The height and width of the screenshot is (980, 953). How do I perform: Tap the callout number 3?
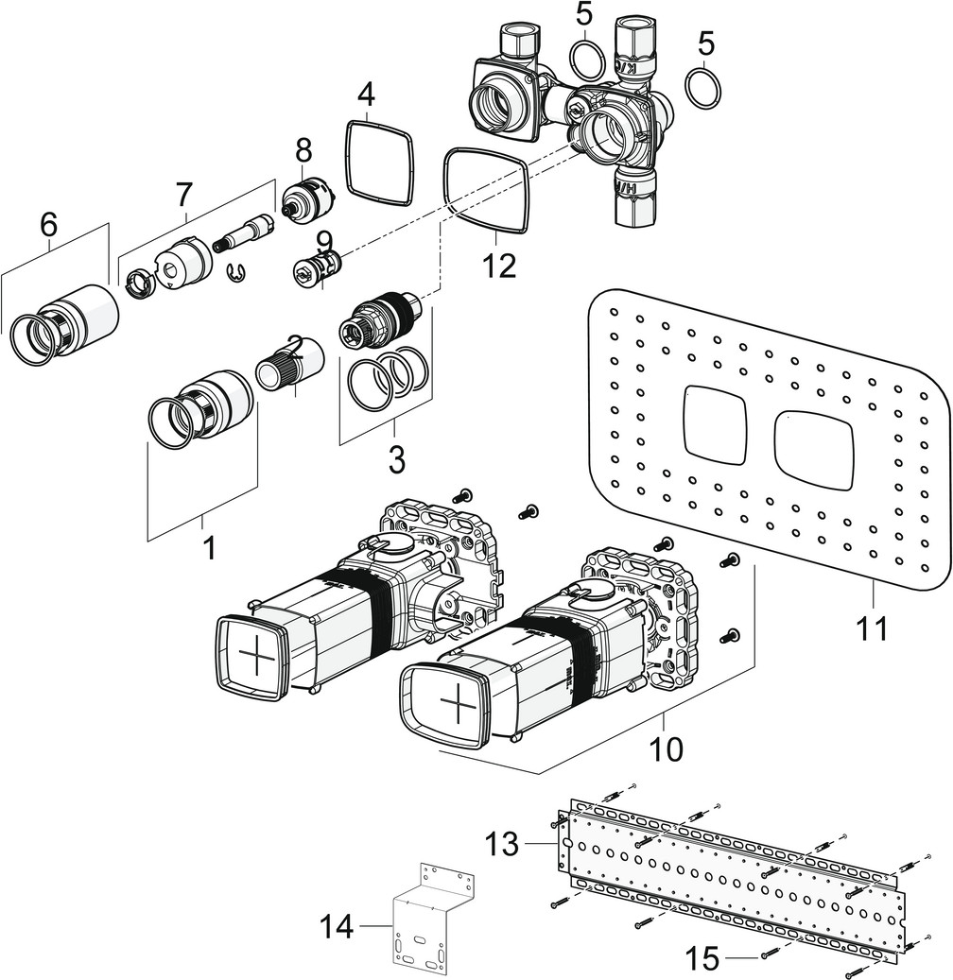point(396,461)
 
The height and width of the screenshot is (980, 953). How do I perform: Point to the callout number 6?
point(48,224)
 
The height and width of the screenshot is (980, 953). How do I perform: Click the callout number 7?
point(183,194)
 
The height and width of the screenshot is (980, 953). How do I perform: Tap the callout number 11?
point(874,626)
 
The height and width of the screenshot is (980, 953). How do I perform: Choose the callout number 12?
point(498,266)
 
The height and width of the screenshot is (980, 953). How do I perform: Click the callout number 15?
point(701,959)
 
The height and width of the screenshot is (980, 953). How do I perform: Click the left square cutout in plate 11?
point(714,423)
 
